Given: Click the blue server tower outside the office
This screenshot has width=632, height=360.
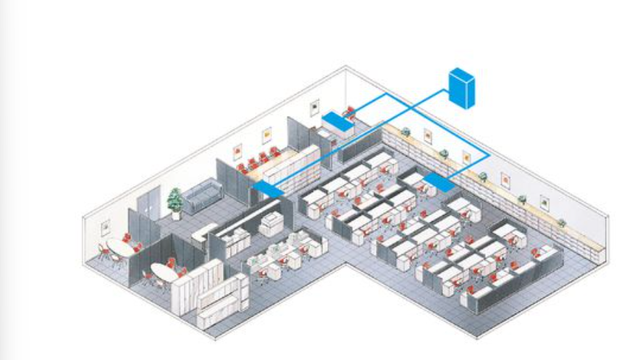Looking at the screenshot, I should point(461,87).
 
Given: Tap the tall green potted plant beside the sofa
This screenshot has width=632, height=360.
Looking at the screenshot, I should point(174,201).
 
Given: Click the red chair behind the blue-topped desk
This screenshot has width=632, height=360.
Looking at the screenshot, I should point(350,112).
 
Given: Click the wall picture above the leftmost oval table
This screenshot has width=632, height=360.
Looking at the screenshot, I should point(106,227).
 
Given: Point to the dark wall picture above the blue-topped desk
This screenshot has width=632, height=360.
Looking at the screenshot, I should point(314,109).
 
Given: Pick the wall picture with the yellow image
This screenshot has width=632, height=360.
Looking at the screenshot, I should point(266,135).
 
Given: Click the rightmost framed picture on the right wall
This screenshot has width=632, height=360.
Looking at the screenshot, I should point(544,201).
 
